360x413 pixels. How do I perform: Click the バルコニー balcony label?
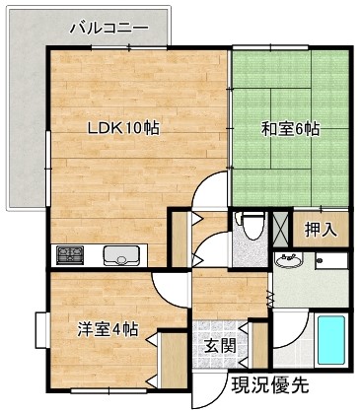tap(108, 28)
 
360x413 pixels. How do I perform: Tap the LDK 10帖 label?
tap(123, 128)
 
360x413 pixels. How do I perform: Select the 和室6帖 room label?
tap(290, 129)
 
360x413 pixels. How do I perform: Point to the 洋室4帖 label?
tap(108, 329)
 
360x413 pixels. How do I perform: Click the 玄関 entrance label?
tap(220, 346)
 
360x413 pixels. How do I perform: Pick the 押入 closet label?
tap(321, 229)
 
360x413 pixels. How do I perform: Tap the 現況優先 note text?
tap(270, 385)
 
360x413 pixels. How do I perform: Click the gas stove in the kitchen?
tap(69, 255)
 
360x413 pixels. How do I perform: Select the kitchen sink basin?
tap(120, 255)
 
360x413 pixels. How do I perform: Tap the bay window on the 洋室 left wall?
tap(42, 329)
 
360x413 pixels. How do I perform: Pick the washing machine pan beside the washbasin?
tap(331, 261)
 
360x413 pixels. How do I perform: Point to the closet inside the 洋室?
tap(172, 360)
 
